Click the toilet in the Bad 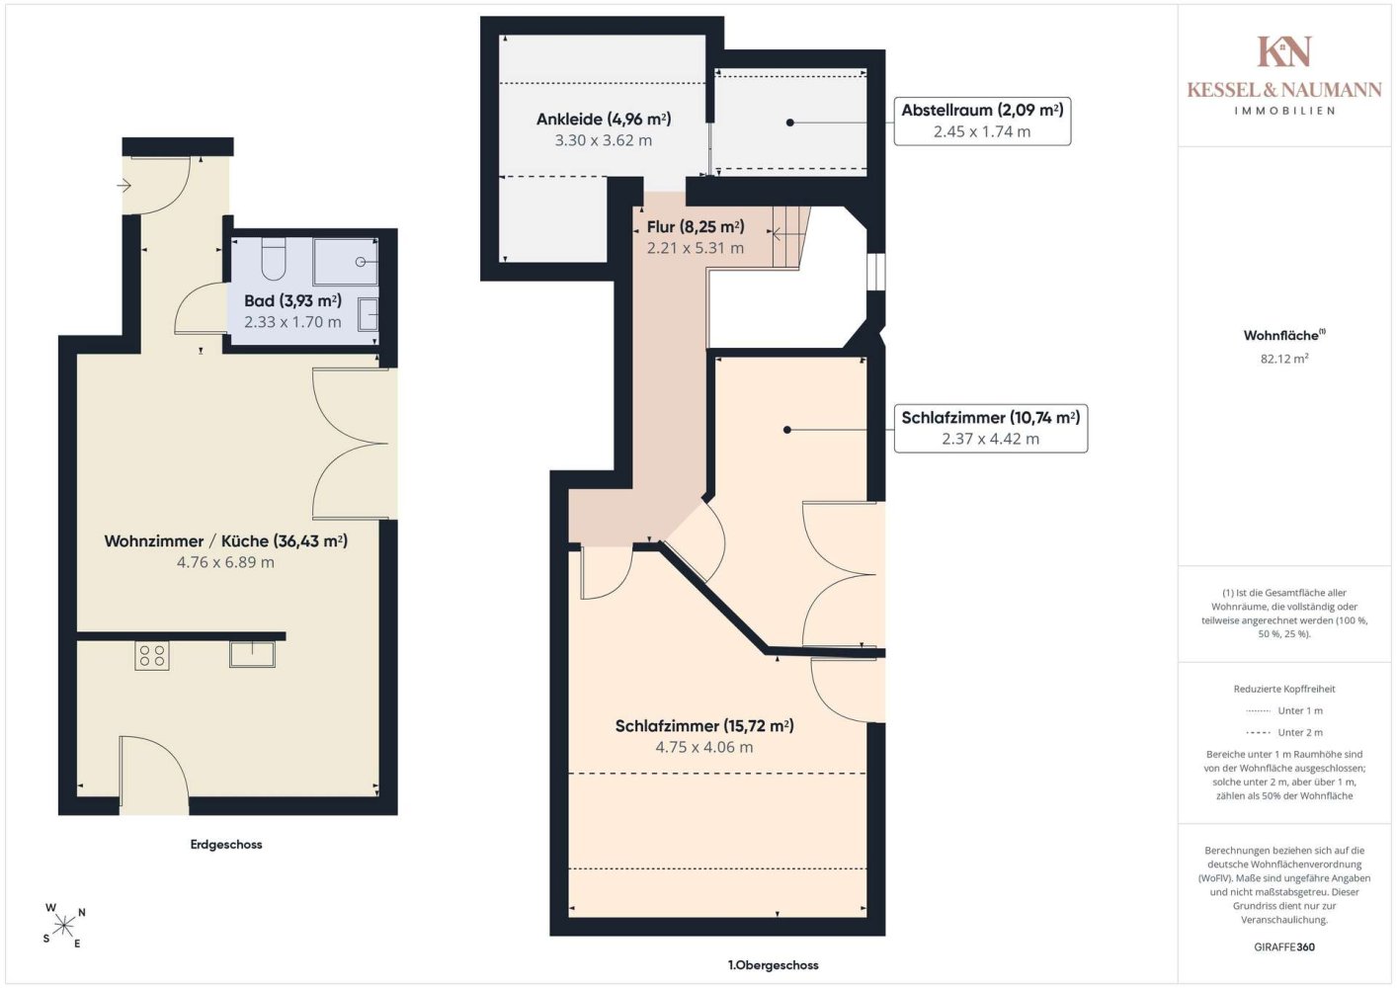273,258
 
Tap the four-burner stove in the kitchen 152,655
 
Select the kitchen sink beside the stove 252,654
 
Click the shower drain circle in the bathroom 361,262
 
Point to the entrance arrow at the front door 124,186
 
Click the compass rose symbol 63,926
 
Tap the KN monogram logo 1283,51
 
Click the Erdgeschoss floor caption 226,845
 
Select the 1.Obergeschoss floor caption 773,965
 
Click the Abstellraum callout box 982,121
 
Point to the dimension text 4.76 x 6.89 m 225,562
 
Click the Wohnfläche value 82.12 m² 1284,358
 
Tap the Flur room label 696,226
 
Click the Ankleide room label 604,119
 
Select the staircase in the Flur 790,237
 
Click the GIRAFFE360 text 1284,947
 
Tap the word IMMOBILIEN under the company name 1284,111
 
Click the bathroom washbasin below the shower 368,314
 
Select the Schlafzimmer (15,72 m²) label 704,725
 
